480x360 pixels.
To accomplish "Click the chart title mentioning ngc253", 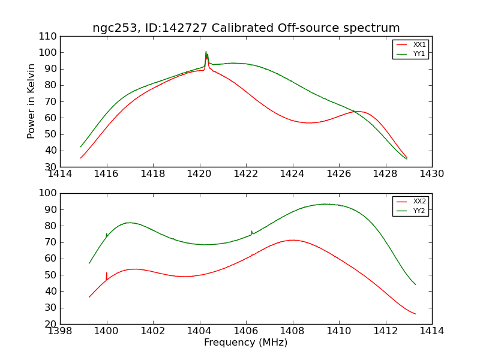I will click(246, 28).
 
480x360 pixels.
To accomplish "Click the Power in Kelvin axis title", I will click(31, 101).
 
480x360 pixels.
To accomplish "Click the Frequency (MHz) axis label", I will click(246, 343).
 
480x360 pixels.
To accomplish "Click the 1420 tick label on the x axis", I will click(200, 174).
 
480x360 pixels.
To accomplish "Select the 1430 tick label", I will click(432, 174).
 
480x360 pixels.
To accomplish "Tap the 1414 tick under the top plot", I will click(61, 174).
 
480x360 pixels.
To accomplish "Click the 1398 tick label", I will click(61, 331).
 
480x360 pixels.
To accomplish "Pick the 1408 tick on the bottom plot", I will click(293, 331).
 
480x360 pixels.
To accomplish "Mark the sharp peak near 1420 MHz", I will click(206, 53).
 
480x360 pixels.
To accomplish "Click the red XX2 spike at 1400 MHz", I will click(107, 274).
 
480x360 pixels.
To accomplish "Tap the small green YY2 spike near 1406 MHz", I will click(251, 232).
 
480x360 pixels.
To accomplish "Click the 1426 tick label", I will click(339, 174).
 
